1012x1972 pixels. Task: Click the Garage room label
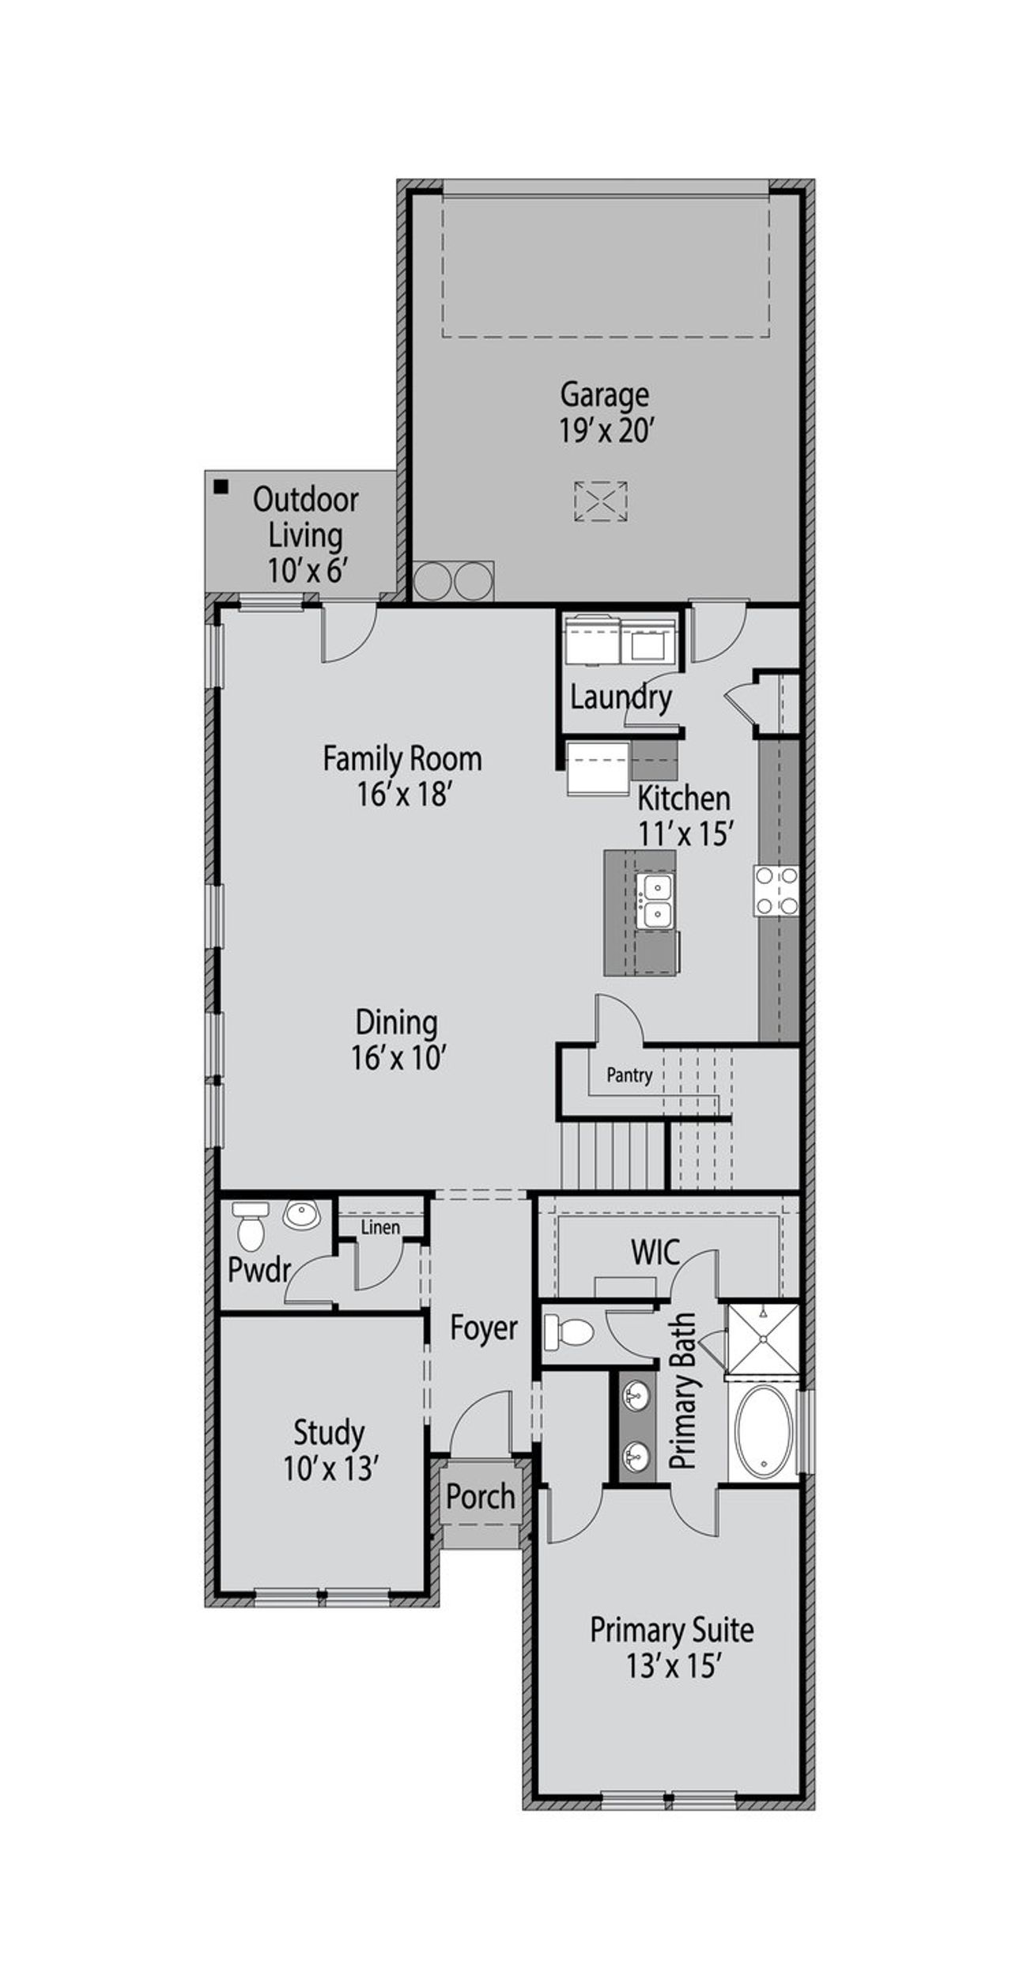(x=604, y=393)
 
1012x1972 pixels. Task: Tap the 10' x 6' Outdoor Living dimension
(x=307, y=569)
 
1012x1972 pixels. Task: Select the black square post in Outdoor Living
(x=221, y=486)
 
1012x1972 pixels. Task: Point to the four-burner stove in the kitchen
(x=776, y=890)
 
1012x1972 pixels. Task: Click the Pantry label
(x=629, y=1075)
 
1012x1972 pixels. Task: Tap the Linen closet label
(x=380, y=1227)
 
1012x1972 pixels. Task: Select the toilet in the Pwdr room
(x=251, y=1225)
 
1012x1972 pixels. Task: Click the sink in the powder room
(x=301, y=1214)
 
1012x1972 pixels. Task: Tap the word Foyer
(x=483, y=1328)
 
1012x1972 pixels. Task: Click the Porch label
(x=480, y=1496)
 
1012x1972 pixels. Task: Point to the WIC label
(x=655, y=1252)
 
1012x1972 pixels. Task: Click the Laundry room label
(x=621, y=697)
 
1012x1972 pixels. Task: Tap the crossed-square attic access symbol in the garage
(x=600, y=501)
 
